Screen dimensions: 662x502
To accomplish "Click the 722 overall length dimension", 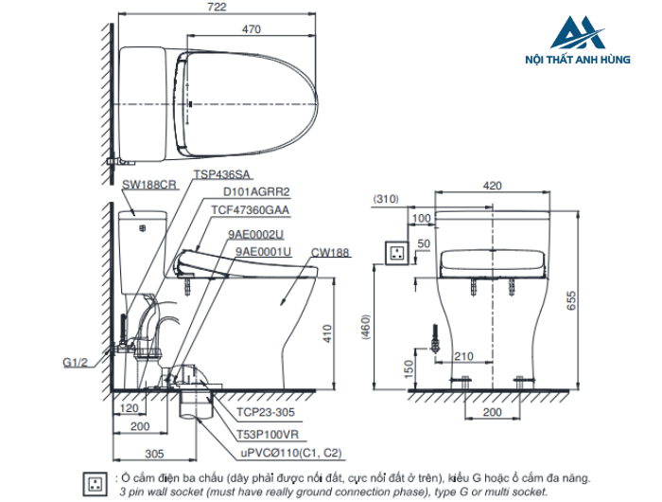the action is pos(217,7).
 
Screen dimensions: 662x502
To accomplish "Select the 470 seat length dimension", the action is pos(252,29).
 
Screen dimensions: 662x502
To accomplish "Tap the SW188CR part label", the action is pos(149,185).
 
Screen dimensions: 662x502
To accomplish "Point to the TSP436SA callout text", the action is pos(221,174).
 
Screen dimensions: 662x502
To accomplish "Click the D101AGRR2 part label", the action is pos(256,192).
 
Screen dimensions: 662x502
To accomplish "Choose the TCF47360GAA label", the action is pos(251,210).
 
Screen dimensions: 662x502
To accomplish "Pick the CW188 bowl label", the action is pos(330,253).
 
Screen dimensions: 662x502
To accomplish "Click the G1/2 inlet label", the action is pos(75,363).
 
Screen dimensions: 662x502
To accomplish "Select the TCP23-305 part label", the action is pos(266,412).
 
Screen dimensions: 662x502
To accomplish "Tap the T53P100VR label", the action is pos(268,435).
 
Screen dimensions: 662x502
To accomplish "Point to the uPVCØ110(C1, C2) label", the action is pos(291,453).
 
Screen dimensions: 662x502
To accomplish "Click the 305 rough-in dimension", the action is pos(154,454).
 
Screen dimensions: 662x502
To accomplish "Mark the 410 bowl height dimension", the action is pos(327,333).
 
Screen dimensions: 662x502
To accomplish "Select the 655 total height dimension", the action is pos(571,300).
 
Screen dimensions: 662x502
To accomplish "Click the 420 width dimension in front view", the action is pos(493,186).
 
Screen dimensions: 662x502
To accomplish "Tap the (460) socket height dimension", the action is pos(366,327).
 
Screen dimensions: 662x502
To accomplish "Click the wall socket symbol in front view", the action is pos(397,253).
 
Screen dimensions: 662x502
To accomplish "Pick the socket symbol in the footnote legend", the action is pos(96,484).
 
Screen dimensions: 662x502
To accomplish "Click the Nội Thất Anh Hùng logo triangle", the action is pos(578,32).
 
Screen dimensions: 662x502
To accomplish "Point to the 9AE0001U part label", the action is pos(263,252).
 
